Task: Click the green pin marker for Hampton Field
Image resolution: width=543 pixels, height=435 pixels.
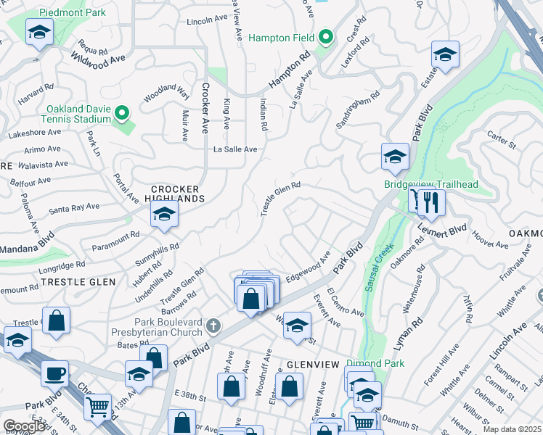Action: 326,37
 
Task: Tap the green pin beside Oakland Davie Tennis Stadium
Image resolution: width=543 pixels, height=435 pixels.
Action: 122,114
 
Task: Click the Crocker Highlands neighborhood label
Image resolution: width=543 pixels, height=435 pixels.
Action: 173,192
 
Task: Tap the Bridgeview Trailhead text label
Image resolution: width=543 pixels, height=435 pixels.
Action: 431,184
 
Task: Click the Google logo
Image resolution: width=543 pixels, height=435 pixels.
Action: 24,426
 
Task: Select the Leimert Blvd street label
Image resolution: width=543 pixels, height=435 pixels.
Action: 442,231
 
